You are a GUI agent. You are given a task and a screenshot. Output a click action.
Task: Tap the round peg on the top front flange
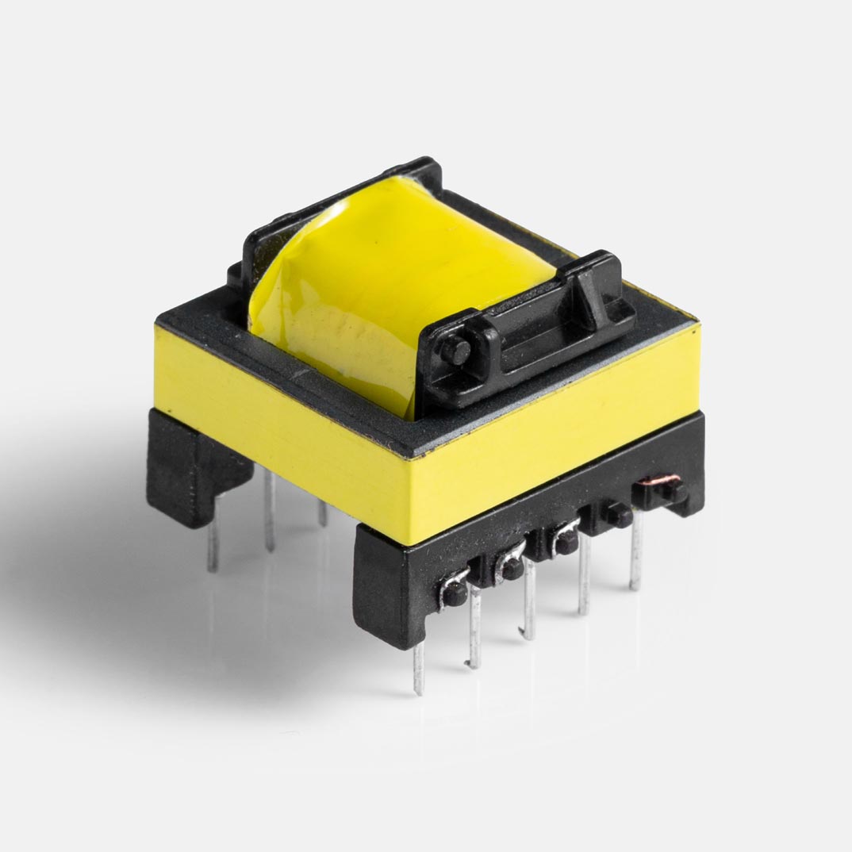455,351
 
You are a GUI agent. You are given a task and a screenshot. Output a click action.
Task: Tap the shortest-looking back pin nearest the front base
322,512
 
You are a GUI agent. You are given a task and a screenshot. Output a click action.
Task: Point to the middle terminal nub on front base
566,543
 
